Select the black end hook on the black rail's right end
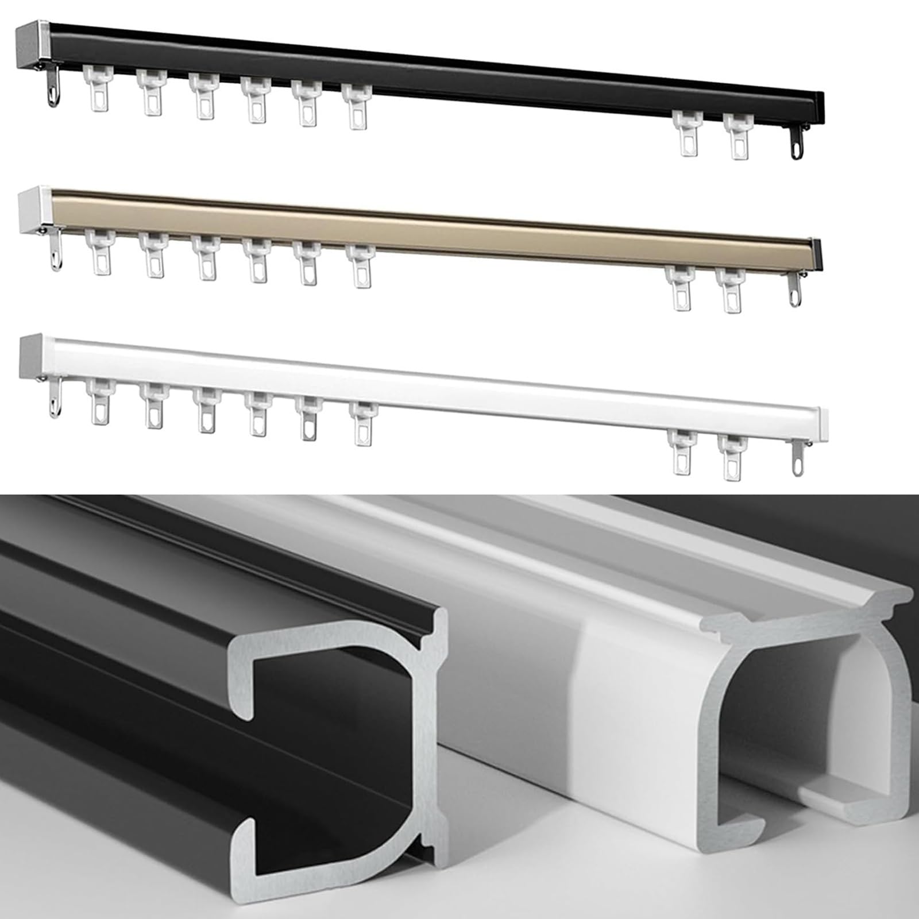(x=796, y=143)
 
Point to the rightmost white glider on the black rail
(x=739, y=136)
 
